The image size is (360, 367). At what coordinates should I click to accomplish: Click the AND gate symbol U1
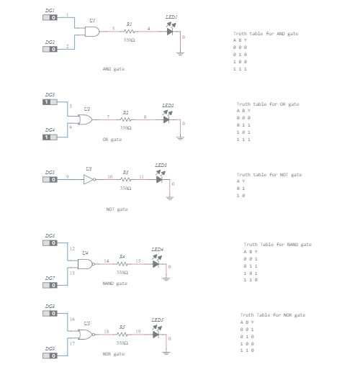tap(91, 32)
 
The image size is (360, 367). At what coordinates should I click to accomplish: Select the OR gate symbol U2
tap(86, 119)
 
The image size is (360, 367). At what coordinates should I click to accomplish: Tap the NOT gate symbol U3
tap(89, 180)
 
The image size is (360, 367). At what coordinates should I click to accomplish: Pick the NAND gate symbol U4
tap(86, 264)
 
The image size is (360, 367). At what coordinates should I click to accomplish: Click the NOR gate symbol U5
tap(86, 335)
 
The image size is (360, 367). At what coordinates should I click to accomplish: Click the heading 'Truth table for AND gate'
tap(265, 34)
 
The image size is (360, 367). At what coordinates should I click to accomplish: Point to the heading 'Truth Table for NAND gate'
tap(277, 245)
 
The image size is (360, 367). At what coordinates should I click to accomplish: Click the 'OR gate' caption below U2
tap(112, 139)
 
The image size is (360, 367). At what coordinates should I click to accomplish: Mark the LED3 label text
tap(161, 166)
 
